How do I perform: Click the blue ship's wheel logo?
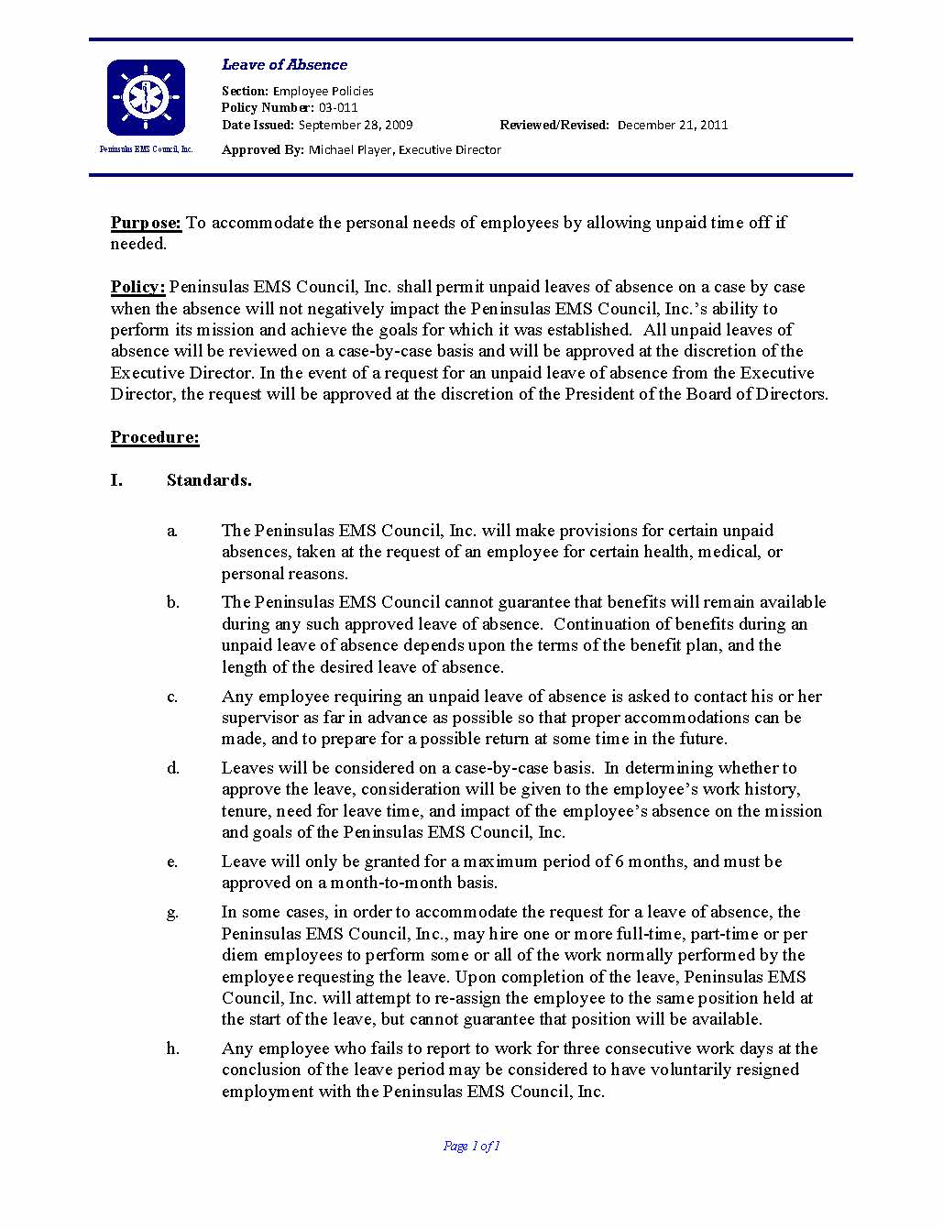coord(146,97)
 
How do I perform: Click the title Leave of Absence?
coord(284,65)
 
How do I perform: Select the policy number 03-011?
coord(338,108)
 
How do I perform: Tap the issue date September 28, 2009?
coord(356,125)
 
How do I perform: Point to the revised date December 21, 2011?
coord(673,125)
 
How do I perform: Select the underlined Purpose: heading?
coord(147,223)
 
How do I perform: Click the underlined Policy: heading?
coord(137,287)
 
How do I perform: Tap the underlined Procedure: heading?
coord(155,437)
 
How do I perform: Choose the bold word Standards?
coord(209,480)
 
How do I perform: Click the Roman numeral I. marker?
coord(116,480)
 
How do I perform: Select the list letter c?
coord(172,697)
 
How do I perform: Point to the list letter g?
coord(172,913)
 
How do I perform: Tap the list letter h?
coord(172,1049)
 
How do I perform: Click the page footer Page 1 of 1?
coord(471,1146)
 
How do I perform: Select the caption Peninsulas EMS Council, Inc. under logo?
coord(146,149)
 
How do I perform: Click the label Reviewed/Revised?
coord(554,125)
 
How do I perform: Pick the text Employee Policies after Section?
coord(323,91)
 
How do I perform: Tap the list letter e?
coord(172,862)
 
